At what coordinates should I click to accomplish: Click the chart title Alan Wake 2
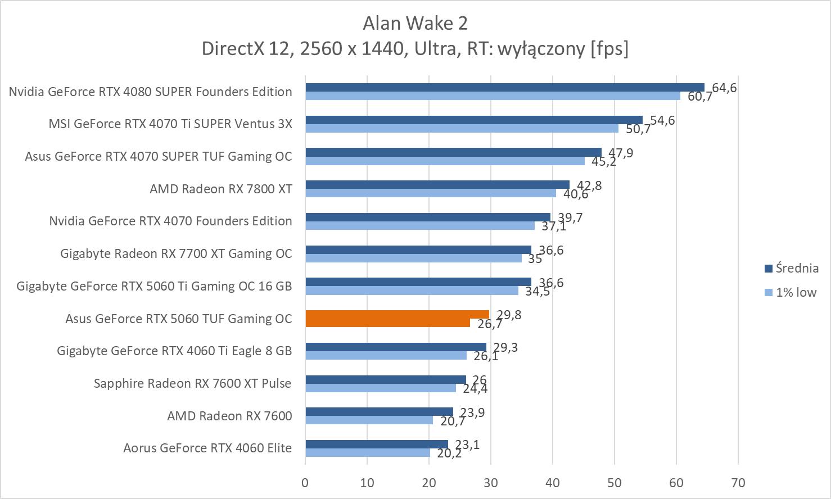(415, 23)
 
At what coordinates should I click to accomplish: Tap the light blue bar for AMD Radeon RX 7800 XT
(430, 193)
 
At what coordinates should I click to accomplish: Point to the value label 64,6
(724, 88)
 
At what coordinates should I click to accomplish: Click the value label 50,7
(638, 129)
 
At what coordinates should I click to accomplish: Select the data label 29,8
(509, 315)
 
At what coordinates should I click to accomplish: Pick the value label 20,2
(449, 453)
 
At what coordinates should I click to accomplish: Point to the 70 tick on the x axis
(738, 483)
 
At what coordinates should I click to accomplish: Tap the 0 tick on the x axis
(305, 483)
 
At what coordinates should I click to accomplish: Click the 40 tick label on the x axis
(553, 483)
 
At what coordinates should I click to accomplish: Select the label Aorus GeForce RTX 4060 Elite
(207, 448)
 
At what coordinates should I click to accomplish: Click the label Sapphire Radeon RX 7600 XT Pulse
(192, 383)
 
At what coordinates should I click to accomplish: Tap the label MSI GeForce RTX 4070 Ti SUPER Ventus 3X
(170, 124)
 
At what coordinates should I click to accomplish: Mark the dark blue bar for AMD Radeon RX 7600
(379, 412)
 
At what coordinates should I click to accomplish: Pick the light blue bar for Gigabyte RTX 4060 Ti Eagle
(386, 356)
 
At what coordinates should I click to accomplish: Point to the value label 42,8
(589, 185)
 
